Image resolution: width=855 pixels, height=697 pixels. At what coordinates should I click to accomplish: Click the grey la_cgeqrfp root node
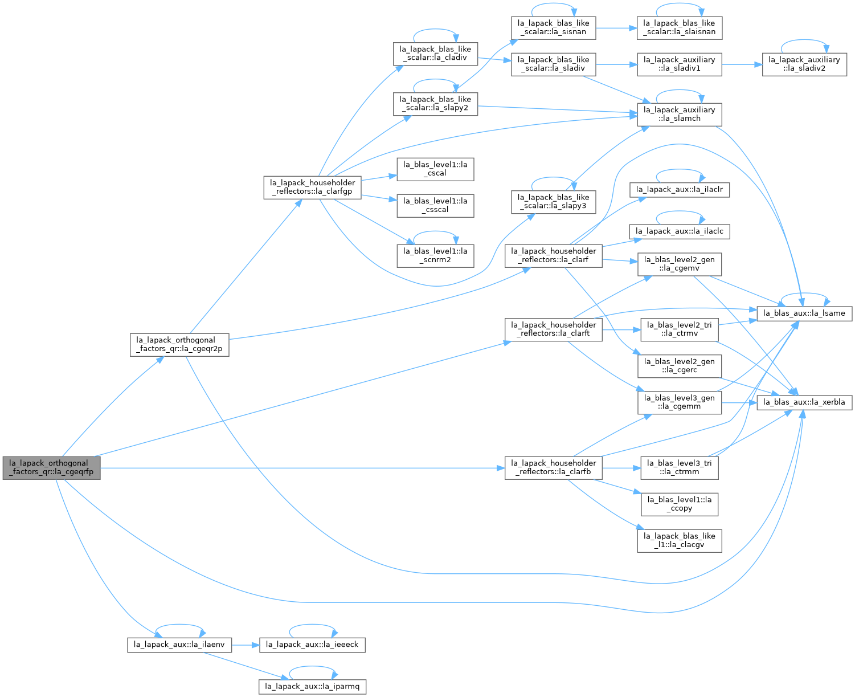tap(51, 468)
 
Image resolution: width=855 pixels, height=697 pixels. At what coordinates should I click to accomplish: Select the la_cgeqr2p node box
tap(179, 344)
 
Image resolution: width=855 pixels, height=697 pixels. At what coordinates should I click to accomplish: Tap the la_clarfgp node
tap(312, 188)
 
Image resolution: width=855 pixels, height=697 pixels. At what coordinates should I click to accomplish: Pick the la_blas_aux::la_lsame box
tap(804, 313)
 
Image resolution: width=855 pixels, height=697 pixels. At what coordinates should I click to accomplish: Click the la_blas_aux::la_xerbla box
tap(804, 402)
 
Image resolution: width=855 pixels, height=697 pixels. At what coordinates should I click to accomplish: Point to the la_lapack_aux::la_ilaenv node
tap(179, 645)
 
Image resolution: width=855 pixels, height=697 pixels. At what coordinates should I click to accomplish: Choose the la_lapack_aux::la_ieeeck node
tap(312, 645)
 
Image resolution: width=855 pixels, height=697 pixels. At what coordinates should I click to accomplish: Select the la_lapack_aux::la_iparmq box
tap(312, 687)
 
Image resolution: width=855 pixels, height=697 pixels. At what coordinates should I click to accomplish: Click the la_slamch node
tap(680, 115)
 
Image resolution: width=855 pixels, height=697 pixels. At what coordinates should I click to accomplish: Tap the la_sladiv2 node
tap(804, 64)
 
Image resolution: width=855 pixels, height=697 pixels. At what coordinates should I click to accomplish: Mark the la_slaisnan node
tap(680, 28)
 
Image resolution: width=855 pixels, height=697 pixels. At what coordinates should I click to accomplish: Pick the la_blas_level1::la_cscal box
tap(436, 169)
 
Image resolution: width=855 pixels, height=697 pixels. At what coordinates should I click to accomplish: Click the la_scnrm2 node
tap(436, 256)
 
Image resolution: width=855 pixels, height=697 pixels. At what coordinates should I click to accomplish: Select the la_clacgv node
tap(680, 541)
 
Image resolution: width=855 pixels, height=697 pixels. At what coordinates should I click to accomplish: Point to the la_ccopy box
tap(680, 504)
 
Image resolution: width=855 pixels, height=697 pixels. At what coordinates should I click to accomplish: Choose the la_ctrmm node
tap(680, 468)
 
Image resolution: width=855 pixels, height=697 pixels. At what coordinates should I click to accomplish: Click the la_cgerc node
tap(680, 366)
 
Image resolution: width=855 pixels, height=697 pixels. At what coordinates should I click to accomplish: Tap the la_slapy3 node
tap(554, 202)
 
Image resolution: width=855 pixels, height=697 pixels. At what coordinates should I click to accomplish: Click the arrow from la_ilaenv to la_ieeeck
tap(246, 645)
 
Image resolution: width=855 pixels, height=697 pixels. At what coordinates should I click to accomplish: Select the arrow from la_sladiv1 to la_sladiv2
tap(742, 64)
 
